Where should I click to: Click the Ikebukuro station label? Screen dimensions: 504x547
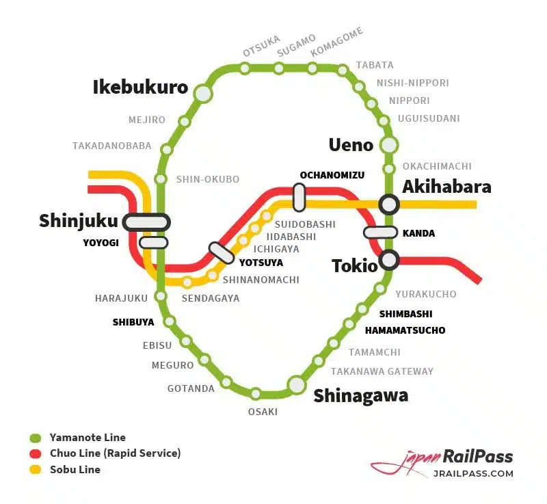140,88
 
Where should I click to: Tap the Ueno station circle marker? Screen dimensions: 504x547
389,145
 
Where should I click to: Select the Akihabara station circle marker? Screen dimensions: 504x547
389,203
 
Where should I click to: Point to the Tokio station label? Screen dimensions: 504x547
354,266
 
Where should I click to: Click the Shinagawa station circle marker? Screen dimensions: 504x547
297,385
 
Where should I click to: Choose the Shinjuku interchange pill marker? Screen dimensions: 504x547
146,222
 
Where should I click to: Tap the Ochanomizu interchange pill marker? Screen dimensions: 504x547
299,197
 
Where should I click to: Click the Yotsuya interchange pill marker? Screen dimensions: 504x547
222,252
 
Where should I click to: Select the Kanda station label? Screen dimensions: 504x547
418,233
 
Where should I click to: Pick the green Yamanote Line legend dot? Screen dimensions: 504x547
36,438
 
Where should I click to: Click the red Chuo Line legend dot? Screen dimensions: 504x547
36,453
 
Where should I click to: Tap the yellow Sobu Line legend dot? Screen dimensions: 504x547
36,470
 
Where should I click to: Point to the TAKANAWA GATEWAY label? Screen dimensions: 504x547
382,371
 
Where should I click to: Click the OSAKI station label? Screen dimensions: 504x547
263,412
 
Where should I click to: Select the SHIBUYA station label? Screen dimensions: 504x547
133,322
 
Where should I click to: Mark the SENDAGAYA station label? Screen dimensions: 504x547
211,298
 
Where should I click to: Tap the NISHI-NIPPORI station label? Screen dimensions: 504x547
413,83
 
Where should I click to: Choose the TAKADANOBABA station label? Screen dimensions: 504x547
111,146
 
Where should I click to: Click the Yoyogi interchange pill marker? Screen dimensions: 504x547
153,242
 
